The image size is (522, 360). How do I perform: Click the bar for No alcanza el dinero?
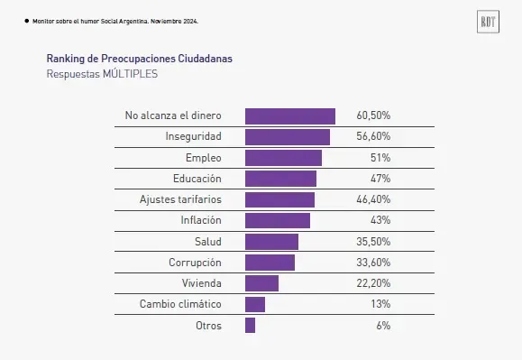pos(290,116)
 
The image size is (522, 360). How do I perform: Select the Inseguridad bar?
pos(288,137)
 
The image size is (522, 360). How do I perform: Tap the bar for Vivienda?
pos(261,283)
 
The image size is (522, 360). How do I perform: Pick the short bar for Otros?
pos(250,325)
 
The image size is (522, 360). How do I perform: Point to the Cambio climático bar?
pos(255,304)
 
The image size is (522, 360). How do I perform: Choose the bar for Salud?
pos(271,242)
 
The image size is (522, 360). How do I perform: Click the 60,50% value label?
pos(373,116)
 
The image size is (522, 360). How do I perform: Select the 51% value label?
pos(380,158)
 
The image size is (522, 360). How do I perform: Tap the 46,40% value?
pos(373,199)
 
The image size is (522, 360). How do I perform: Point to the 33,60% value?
pos(373,263)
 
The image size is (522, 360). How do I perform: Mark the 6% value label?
pos(383,325)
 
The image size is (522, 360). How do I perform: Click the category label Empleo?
pos(203,158)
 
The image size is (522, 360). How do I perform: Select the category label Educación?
pos(197,179)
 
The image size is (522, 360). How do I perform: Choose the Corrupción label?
pos(195,263)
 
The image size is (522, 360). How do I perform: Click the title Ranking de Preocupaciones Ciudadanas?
pos(139,58)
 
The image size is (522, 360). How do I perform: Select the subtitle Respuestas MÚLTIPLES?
pos(102,74)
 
